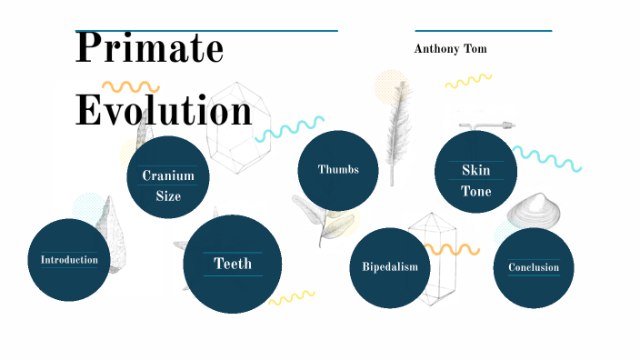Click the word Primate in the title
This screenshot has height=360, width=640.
click(149, 48)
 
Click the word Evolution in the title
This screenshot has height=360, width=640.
click(164, 111)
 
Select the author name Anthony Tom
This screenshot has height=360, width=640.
click(450, 49)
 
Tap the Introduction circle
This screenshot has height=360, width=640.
click(69, 260)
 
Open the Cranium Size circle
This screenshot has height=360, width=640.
click(168, 177)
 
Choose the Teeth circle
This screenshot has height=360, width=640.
click(232, 264)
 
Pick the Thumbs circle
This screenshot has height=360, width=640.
click(338, 170)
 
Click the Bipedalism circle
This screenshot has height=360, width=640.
click(390, 267)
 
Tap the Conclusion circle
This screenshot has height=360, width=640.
click(534, 268)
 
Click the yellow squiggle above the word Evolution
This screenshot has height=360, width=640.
click(130, 88)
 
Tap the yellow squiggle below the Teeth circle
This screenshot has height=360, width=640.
click(291, 297)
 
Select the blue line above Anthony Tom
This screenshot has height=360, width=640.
click(483, 31)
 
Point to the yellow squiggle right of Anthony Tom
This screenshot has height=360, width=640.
click(468, 82)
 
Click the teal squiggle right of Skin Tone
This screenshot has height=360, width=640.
click(547, 159)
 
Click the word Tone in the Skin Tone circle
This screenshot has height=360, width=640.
click(475, 192)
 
